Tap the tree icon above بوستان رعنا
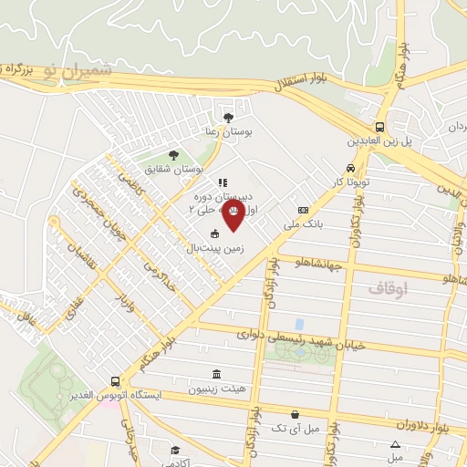tap(228, 117)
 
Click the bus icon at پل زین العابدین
tap(379, 128)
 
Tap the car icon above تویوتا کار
tap(351, 169)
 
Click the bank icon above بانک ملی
tap(304, 211)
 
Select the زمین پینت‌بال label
tap(213, 247)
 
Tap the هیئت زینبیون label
tap(215, 389)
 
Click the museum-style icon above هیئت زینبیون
tap(215, 375)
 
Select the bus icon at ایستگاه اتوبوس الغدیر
tap(115, 382)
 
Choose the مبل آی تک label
tap(300, 428)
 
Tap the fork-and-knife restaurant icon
tap(223, 182)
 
